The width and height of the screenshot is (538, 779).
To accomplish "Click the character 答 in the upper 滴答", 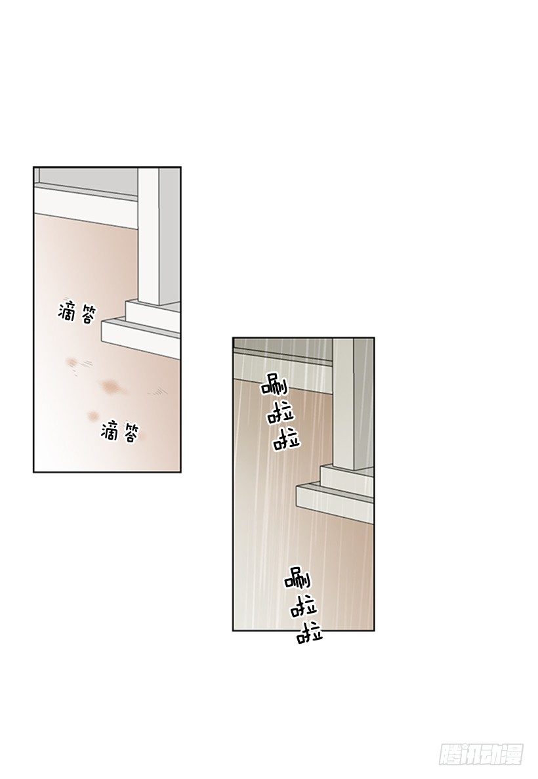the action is tap(85, 314).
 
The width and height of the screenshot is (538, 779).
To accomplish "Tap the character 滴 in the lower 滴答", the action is tap(110, 431).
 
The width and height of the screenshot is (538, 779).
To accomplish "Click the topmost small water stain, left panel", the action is tap(73, 362).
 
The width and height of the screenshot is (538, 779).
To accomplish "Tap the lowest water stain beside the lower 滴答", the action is tap(93, 414).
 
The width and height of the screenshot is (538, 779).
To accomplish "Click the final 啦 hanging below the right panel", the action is tap(310, 633).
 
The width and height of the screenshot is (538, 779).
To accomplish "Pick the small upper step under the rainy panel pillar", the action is tap(346, 477).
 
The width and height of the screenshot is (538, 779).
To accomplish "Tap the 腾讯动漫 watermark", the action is tap(480, 755).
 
